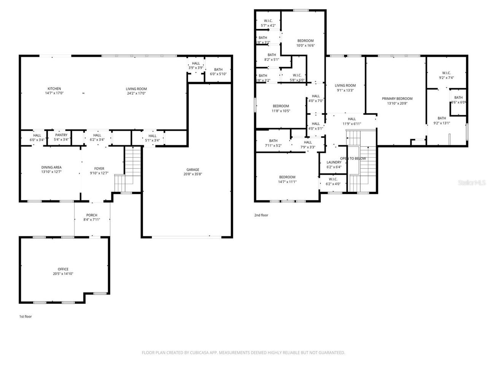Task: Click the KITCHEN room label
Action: [54, 89]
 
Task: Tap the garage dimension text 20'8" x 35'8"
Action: [193, 175]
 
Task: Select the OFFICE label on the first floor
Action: [63, 269]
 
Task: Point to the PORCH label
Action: [92, 215]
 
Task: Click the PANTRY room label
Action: [61, 135]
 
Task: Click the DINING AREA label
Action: [51, 167]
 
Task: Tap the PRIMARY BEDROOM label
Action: [397, 98]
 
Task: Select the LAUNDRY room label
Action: [334, 162]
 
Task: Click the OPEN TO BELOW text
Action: [353, 159]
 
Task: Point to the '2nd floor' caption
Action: [261, 215]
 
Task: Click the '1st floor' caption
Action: [25, 316]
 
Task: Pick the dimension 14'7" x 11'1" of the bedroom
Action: [287, 182]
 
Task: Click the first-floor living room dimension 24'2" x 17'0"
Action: [136, 93]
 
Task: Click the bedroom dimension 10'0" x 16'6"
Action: [306, 45]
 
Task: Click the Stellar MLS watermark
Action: [472, 183]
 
